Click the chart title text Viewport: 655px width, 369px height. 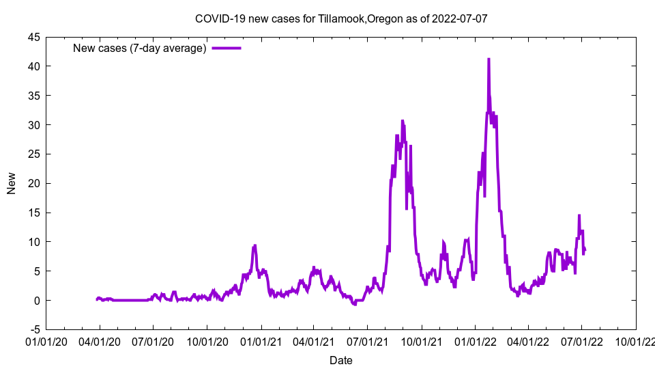point(341,18)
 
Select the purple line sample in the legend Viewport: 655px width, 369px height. point(226,48)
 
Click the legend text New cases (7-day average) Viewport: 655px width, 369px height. point(140,48)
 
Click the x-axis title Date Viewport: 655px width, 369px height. point(341,360)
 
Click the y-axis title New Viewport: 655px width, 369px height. point(12,183)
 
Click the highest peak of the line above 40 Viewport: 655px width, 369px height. point(489,59)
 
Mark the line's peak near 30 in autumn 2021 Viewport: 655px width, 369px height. point(403,121)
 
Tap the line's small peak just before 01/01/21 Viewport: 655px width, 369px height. point(254,246)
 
